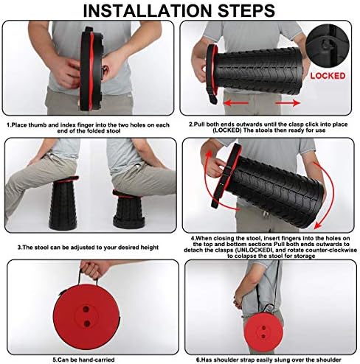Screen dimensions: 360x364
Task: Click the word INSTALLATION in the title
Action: [x=148, y=10]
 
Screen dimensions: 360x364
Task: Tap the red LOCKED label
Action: [x=328, y=76]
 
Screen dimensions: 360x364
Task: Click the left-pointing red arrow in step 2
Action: [x=236, y=102]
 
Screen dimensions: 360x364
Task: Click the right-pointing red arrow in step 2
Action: [x=288, y=102]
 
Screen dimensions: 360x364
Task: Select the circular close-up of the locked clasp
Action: [x=328, y=46]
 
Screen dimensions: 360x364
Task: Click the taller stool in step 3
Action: [x=63, y=202]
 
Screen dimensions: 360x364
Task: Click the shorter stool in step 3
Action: [x=128, y=209]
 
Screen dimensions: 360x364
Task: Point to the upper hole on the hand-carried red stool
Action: [x=86, y=309]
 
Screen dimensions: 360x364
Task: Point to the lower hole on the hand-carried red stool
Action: [x=86, y=323]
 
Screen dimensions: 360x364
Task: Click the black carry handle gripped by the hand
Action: [x=88, y=276]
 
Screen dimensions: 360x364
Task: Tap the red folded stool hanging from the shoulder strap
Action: [x=263, y=331]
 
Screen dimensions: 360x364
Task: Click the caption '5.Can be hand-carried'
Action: [x=83, y=360]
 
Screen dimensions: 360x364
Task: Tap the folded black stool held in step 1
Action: [x=91, y=69]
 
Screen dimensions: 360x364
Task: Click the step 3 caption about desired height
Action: [x=88, y=248]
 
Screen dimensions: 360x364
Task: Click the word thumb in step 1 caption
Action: [x=38, y=125]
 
